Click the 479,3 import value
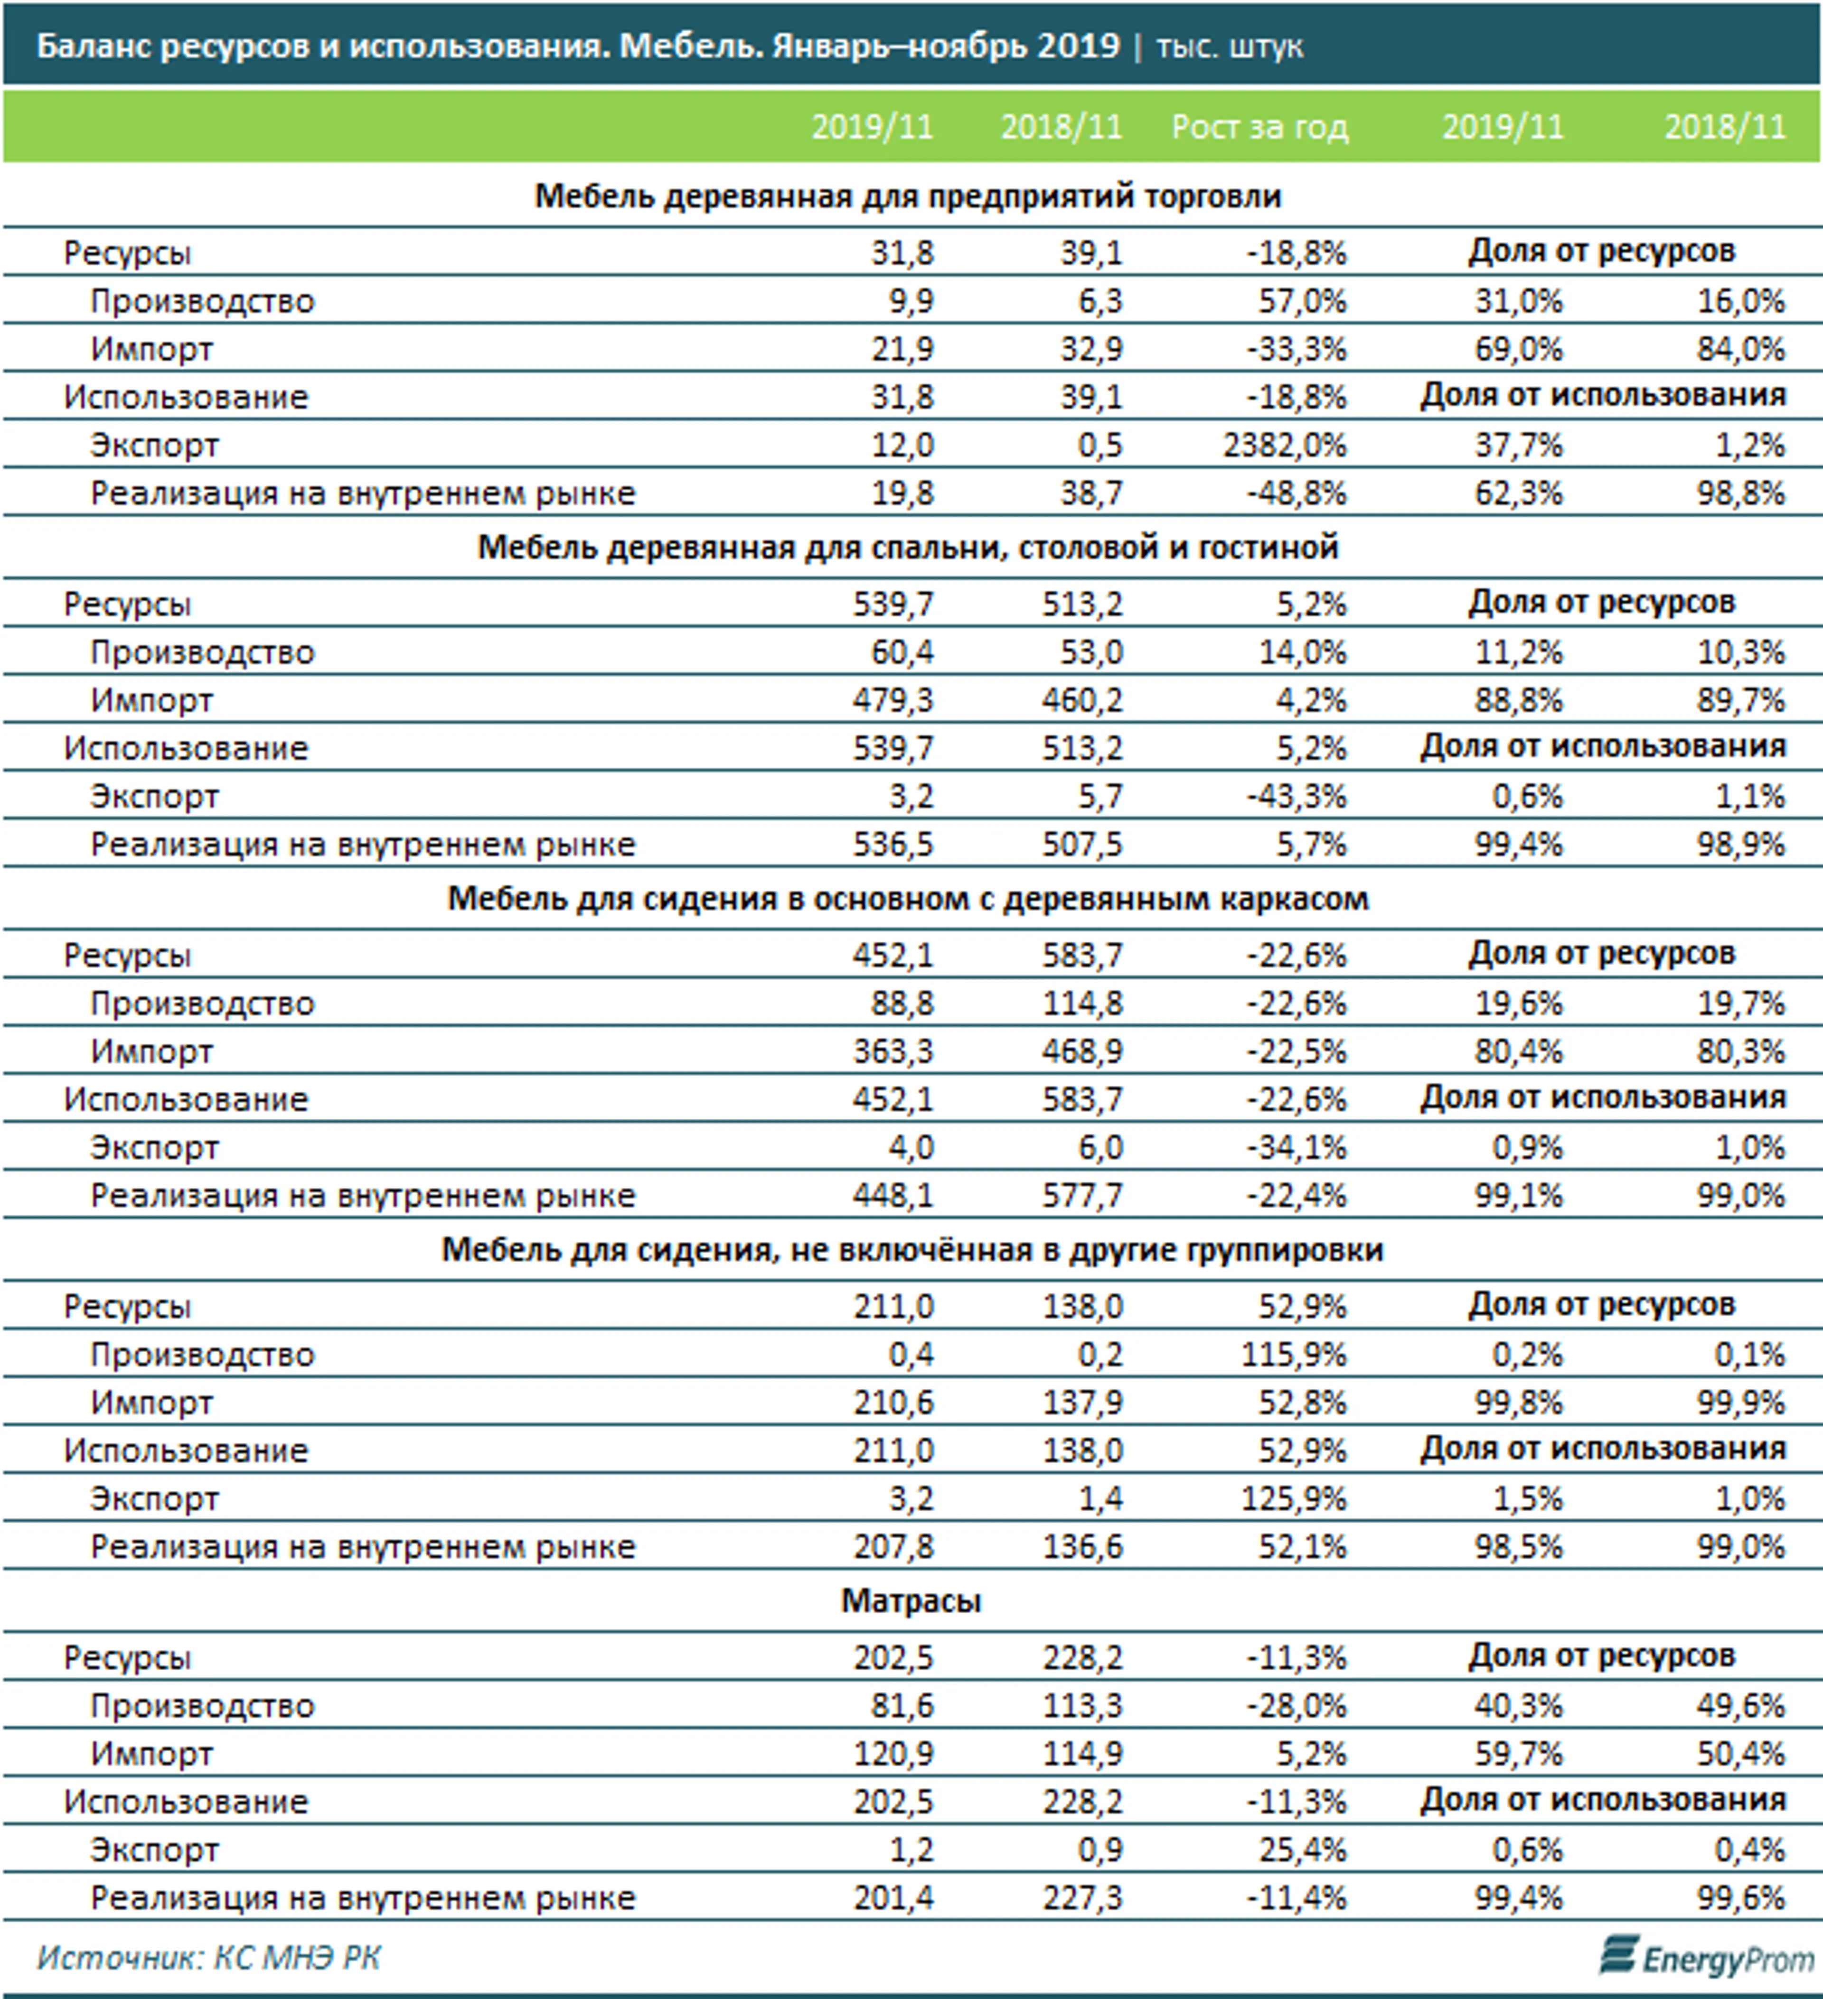893,700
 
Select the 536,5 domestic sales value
893,845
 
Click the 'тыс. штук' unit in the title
1230,46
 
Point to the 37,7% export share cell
1519,445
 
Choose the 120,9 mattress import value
893,1754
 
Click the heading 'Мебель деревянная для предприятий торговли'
908,196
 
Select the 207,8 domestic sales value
893,1547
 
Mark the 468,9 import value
1082,1051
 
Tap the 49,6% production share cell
1741,1705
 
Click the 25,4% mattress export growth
1302,1850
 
